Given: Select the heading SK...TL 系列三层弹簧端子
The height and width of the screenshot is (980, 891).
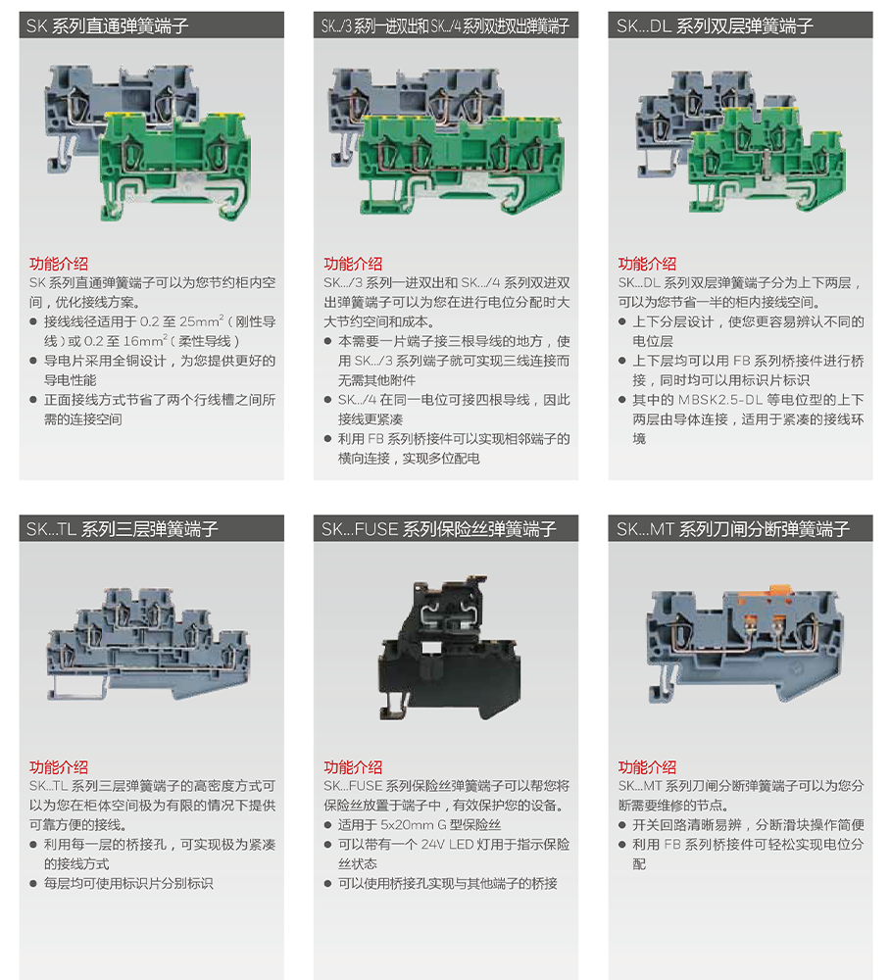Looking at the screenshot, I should click(123, 529).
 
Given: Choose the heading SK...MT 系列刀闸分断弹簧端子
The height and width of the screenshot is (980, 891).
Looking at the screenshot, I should click(732, 529).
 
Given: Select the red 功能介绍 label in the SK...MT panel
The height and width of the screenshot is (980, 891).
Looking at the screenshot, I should click(647, 766).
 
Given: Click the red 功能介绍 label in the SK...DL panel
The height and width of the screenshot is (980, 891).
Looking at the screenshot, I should click(647, 264).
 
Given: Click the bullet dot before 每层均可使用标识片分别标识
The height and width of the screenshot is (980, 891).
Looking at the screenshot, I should click(34, 884).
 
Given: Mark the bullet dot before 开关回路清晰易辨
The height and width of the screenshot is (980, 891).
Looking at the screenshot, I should click(622, 825).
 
